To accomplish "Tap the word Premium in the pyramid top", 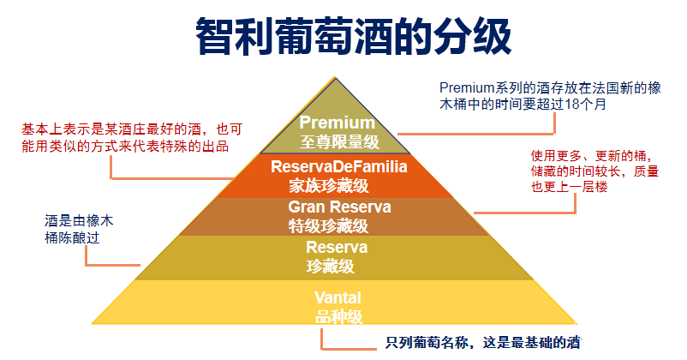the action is click(x=337, y=123).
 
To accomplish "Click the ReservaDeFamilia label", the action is click(x=338, y=165).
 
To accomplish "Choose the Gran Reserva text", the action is click(x=339, y=207).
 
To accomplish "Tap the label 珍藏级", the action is click(x=330, y=266).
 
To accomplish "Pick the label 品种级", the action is click(x=339, y=316).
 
